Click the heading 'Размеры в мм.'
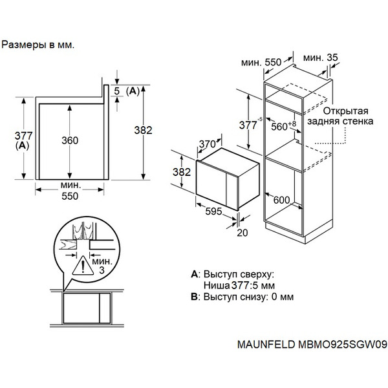coord(38,45)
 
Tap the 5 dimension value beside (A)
coord(116,91)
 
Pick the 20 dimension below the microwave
coord(242,232)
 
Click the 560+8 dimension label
coord(284,126)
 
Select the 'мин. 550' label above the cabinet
coord(261,62)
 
